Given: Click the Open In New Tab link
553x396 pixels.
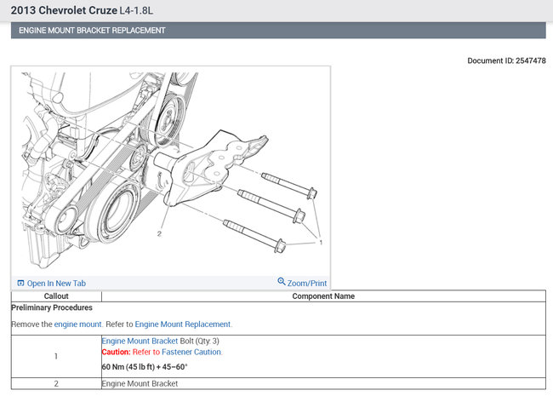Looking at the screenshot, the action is (52, 283).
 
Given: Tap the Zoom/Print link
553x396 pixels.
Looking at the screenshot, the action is (302, 283).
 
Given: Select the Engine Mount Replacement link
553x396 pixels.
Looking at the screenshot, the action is (183, 324).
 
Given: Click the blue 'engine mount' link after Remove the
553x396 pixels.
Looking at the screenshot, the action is (77, 324).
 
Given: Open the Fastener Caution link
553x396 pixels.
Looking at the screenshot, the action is (191, 352).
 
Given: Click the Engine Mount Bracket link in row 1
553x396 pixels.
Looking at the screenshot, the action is (140, 341).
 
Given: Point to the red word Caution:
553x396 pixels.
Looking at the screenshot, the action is (116, 352).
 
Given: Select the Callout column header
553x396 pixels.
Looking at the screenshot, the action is (56, 296).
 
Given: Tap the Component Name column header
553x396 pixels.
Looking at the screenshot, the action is (323, 296).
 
